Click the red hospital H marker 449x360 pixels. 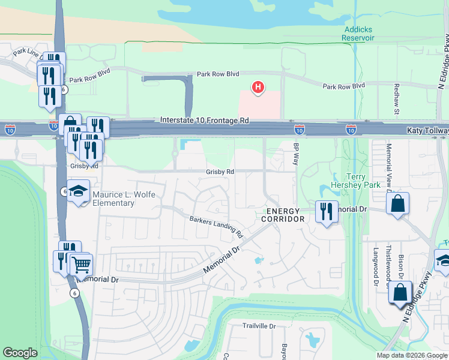pyautogui.click(x=258, y=88)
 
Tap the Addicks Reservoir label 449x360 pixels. pyautogui.click(x=358, y=34)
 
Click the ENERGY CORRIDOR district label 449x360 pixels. pyautogui.click(x=283, y=215)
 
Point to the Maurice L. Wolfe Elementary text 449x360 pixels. pyautogui.click(x=113, y=199)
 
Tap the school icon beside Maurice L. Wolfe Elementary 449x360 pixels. pyautogui.click(x=78, y=191)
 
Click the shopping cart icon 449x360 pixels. pyautogui.click(x=81, y=263)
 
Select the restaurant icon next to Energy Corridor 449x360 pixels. pyautogui.click(x=327, y=212)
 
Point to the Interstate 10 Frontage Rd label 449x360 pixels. pyautogui.click(x=205, y=121)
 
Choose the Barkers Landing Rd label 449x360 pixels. pyautogui.click(x=215, y=226)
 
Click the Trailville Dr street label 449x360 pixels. pyautogui.click(x=258, y=326)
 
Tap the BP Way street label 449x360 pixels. pyautogui.click(x=296, y=154)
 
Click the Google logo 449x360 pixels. pyautogui.click(x=20, y=353)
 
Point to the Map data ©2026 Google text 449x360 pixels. pyautogui.click(x=411, y=355)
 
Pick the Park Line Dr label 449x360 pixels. pyautogui.click(x=27, y=53)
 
